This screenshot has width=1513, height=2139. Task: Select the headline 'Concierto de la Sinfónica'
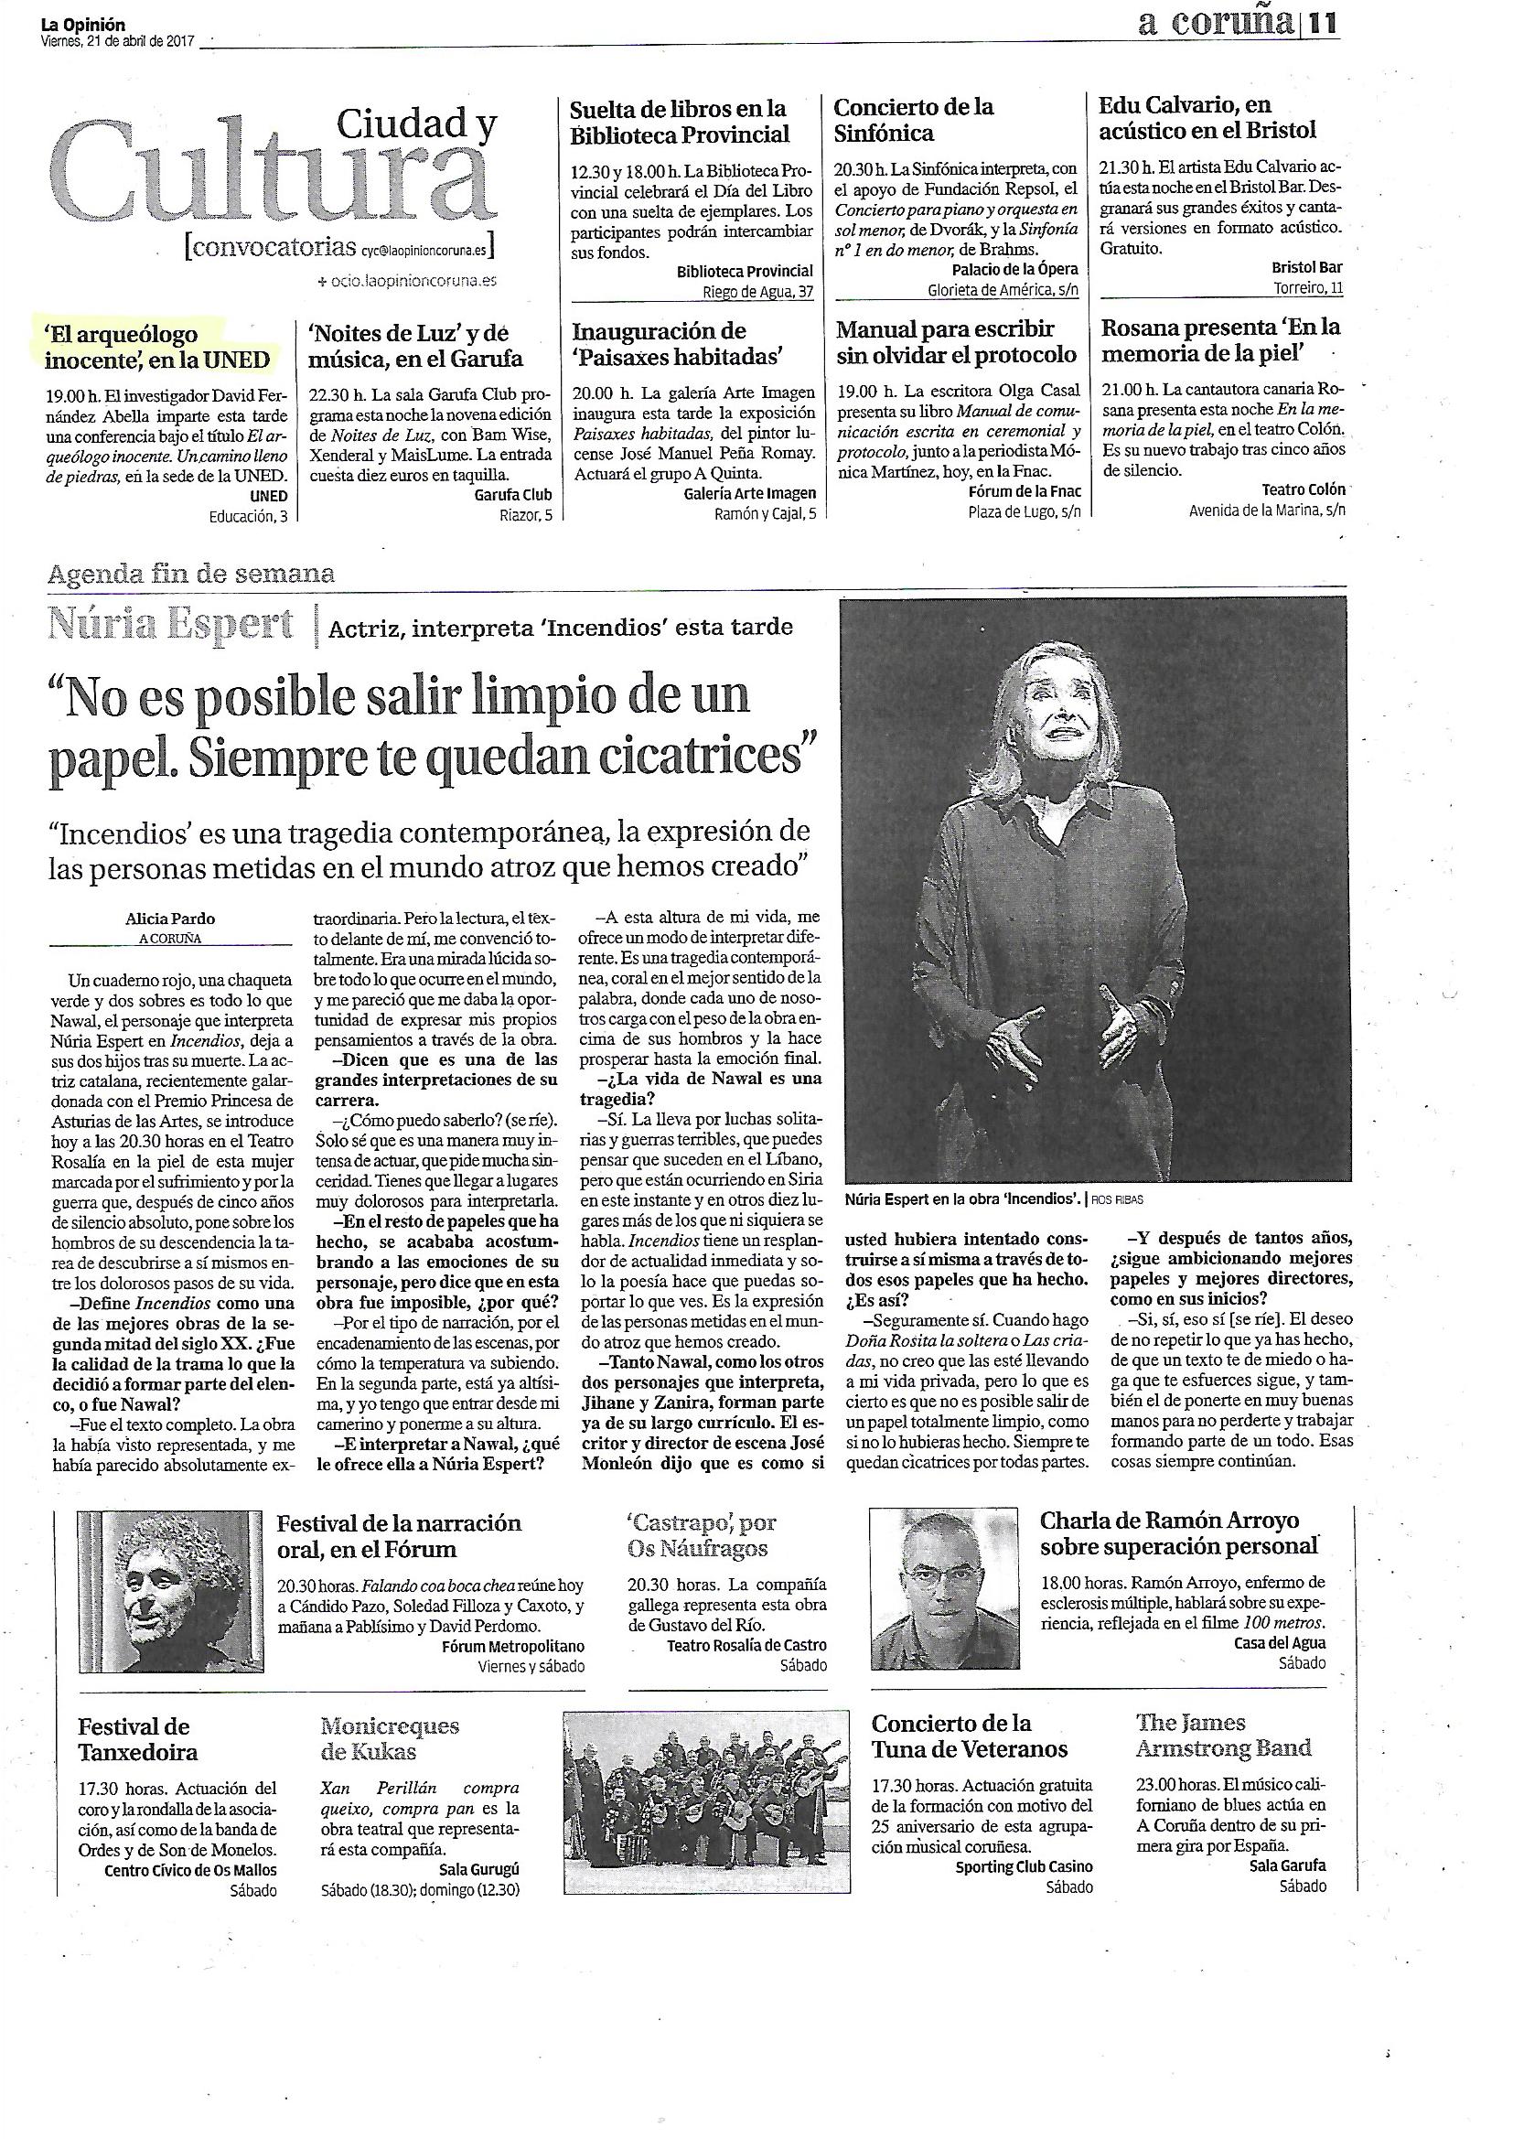(x=913, y=119)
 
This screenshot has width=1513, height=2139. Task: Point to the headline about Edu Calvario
(x=1207, y=117)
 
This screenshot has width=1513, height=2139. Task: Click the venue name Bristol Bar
(x=1307, y=267)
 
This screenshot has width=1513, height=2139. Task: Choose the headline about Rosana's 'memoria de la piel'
(x=1220, y=340)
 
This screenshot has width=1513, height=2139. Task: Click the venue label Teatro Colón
(x=1304, y=489)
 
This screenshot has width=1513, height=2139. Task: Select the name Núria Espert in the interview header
(x=170, y=624)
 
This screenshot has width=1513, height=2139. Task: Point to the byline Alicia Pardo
(x=170, y=919)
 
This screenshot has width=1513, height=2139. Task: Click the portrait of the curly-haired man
(x=169, y=1592)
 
